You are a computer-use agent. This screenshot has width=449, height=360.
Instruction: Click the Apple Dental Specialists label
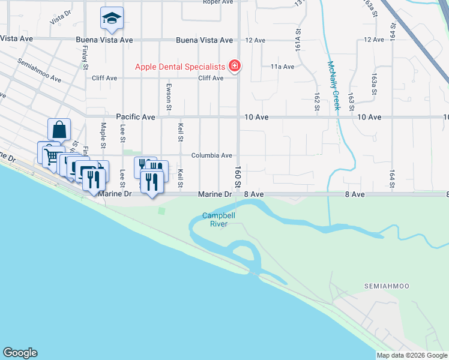point(179,67)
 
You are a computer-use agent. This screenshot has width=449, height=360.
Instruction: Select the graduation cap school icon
point(112,19)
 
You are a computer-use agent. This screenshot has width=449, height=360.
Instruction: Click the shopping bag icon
point(59,130)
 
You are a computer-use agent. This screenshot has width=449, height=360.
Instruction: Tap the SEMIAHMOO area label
point(385,287)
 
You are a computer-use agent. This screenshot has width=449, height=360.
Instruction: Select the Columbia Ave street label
point(211,155)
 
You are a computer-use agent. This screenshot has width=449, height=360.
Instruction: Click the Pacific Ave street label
point(136,117)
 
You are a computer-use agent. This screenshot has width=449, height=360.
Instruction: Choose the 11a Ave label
point(282,67)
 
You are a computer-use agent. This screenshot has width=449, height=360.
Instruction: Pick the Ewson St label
point(169,97)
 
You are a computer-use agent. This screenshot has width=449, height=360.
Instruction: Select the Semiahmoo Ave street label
point(40,70)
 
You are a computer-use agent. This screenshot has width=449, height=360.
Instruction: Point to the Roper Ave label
point(217,2)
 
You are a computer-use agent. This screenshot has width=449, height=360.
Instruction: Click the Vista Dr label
point(61,19)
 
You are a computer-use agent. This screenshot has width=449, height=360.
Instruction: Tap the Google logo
point(20,352)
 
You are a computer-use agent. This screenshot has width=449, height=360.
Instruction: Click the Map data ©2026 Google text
point(412,355)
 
